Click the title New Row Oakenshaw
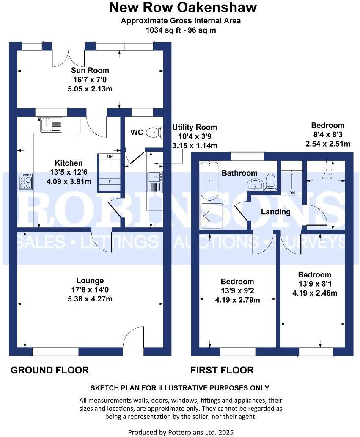[183, 8]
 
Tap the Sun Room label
[90, 70]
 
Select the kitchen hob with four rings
[26, 182]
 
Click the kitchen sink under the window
[51, 124]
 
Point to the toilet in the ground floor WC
[155, 133]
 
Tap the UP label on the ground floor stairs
[110, 157]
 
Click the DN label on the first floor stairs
[292, 193]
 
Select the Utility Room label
[195, 127]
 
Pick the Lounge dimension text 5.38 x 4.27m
[90, 299]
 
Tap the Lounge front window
[55, 351]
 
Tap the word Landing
[275, 212]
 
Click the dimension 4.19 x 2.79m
[237, 300]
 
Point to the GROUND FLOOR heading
[49, 370]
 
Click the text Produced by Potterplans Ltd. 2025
[181, 432]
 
